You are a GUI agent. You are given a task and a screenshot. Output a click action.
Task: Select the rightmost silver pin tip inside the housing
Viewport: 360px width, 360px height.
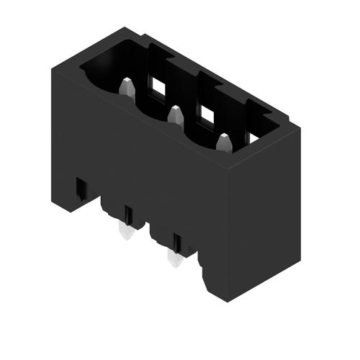click(222, 141)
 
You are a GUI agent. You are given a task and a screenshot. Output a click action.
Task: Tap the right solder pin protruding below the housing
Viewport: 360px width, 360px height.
click(173, 258)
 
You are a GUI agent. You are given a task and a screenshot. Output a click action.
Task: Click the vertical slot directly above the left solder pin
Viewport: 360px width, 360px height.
click(127, 214)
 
